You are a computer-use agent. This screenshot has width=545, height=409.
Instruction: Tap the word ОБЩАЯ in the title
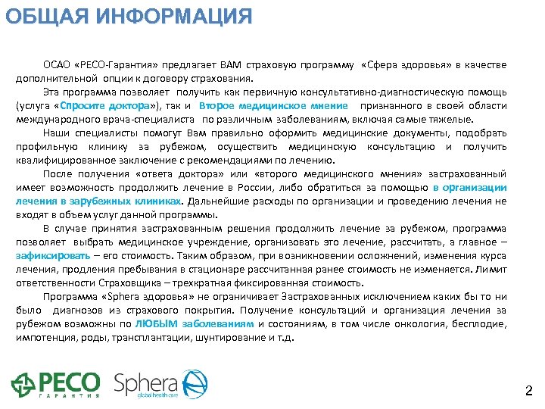coord(46,14)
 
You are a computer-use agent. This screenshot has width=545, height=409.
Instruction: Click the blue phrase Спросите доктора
coord(101,106)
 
